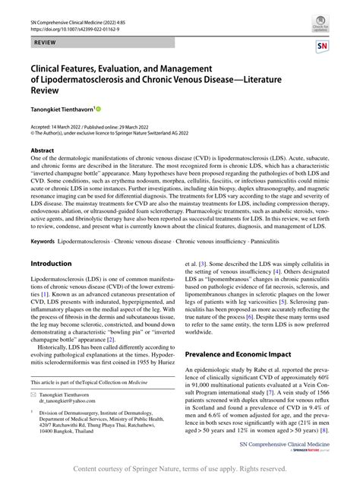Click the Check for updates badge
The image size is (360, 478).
319,25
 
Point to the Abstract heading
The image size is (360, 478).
43,150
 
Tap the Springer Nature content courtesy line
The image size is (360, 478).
179,469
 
